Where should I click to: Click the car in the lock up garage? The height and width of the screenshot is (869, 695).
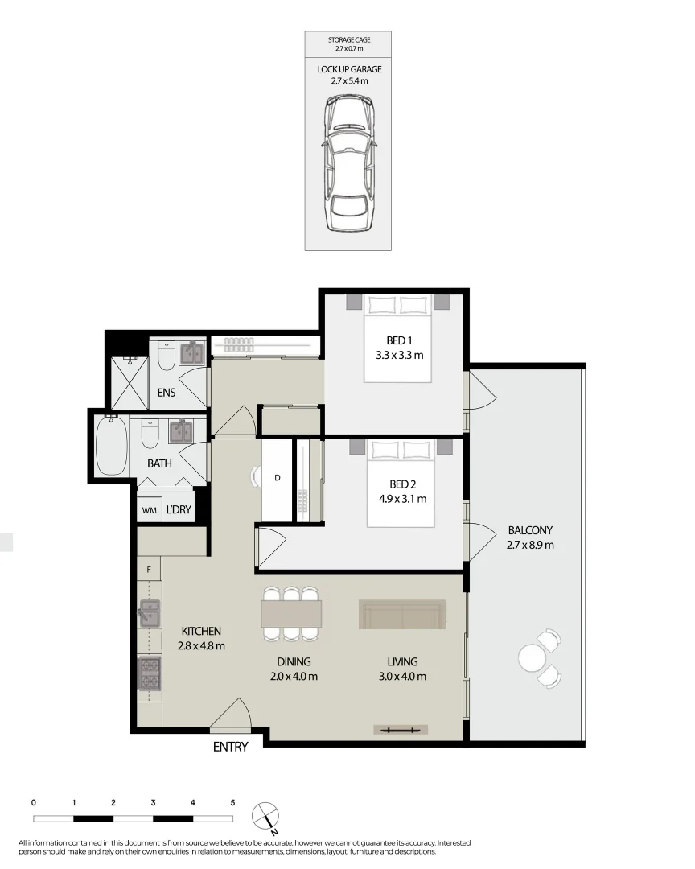click(x=349, y=163)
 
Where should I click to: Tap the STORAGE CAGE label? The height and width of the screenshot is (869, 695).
click(x=348, y=39)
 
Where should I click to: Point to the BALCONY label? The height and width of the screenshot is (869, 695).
click(x=530, y=530)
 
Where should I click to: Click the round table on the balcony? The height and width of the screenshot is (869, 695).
click(x=533, y=659)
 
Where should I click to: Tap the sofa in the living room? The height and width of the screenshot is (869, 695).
click(x=401, y=615)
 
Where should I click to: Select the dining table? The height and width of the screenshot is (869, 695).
click(x=291, y=614)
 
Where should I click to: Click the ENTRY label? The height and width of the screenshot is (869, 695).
click(x=230, y=747)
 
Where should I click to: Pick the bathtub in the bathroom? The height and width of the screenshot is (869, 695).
click(x=111, y=445)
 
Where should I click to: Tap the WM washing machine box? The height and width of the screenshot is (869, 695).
click(x=149, y=510)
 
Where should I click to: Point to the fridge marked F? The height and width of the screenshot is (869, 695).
click(x=149, y=570)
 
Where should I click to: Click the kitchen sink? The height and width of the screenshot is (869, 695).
click(x=149, y=614)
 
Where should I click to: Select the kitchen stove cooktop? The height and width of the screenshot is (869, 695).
click(x=149, y=673)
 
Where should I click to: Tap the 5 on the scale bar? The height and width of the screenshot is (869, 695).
click(x=232, y=802)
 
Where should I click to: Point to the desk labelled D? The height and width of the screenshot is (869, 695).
click(x=277, y=478)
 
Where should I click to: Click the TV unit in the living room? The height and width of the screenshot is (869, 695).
click(x=401, y=730)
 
